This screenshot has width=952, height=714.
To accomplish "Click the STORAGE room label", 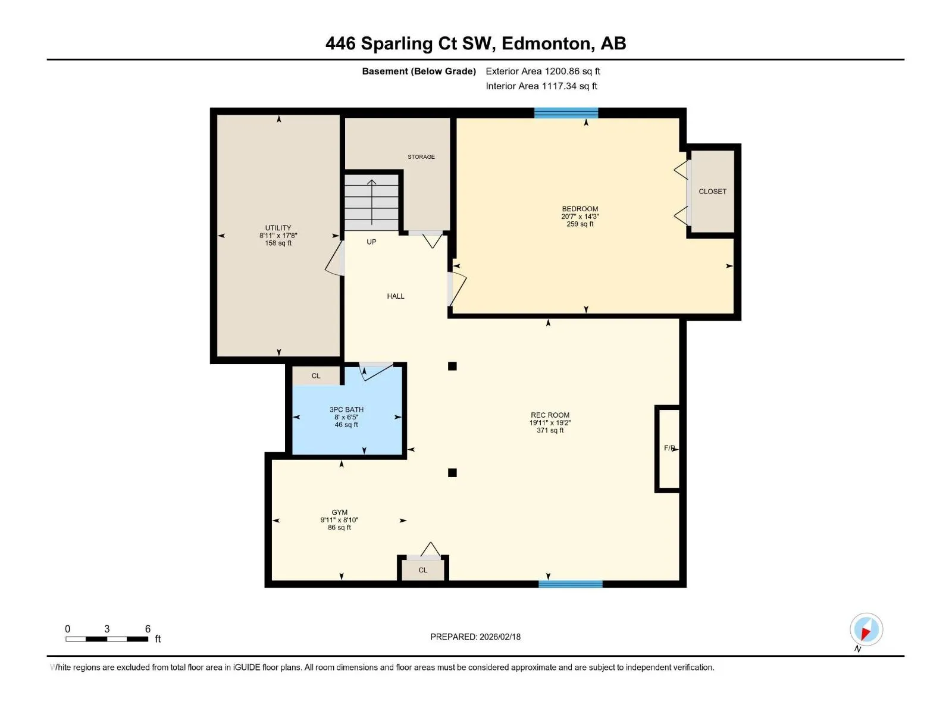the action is (x=421, y=156).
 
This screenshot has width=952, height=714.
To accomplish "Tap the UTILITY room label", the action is (x=278, y=228).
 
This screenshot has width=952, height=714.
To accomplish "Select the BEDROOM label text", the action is (x=580, y=208).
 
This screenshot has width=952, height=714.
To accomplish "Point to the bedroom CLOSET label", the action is (x=712, y=191).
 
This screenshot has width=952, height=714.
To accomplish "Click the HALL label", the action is (x=395, y=296).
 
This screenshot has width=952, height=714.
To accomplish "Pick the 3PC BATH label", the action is (x=346, y=409).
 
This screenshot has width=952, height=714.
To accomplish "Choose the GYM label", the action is (x=339, y=512).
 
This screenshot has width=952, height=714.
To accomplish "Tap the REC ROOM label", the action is (x=550, y=415).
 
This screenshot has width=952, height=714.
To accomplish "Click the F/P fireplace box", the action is (x=668, y=448).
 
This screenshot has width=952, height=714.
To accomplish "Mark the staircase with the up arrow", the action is (x=371, y=202).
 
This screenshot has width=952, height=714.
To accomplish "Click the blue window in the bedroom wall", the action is (x=566, y=112).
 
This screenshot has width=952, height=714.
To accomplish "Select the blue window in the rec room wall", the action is (x=571, y=584).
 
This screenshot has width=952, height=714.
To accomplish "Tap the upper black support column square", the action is (x=452, y=366).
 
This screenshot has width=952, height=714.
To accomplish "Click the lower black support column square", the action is (x=452, y=472).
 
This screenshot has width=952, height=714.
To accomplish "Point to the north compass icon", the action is (x=866, y=630).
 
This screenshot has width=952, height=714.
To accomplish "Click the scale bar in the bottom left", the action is (x=107, y=639).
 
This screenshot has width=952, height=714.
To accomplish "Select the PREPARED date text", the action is (x=475, y=637).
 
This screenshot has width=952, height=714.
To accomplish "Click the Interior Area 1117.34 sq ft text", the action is (x=541, y=86).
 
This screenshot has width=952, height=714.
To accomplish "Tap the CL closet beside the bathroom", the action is (x=316, y=376).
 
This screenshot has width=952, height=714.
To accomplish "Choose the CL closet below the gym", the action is (x=423, y=569).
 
